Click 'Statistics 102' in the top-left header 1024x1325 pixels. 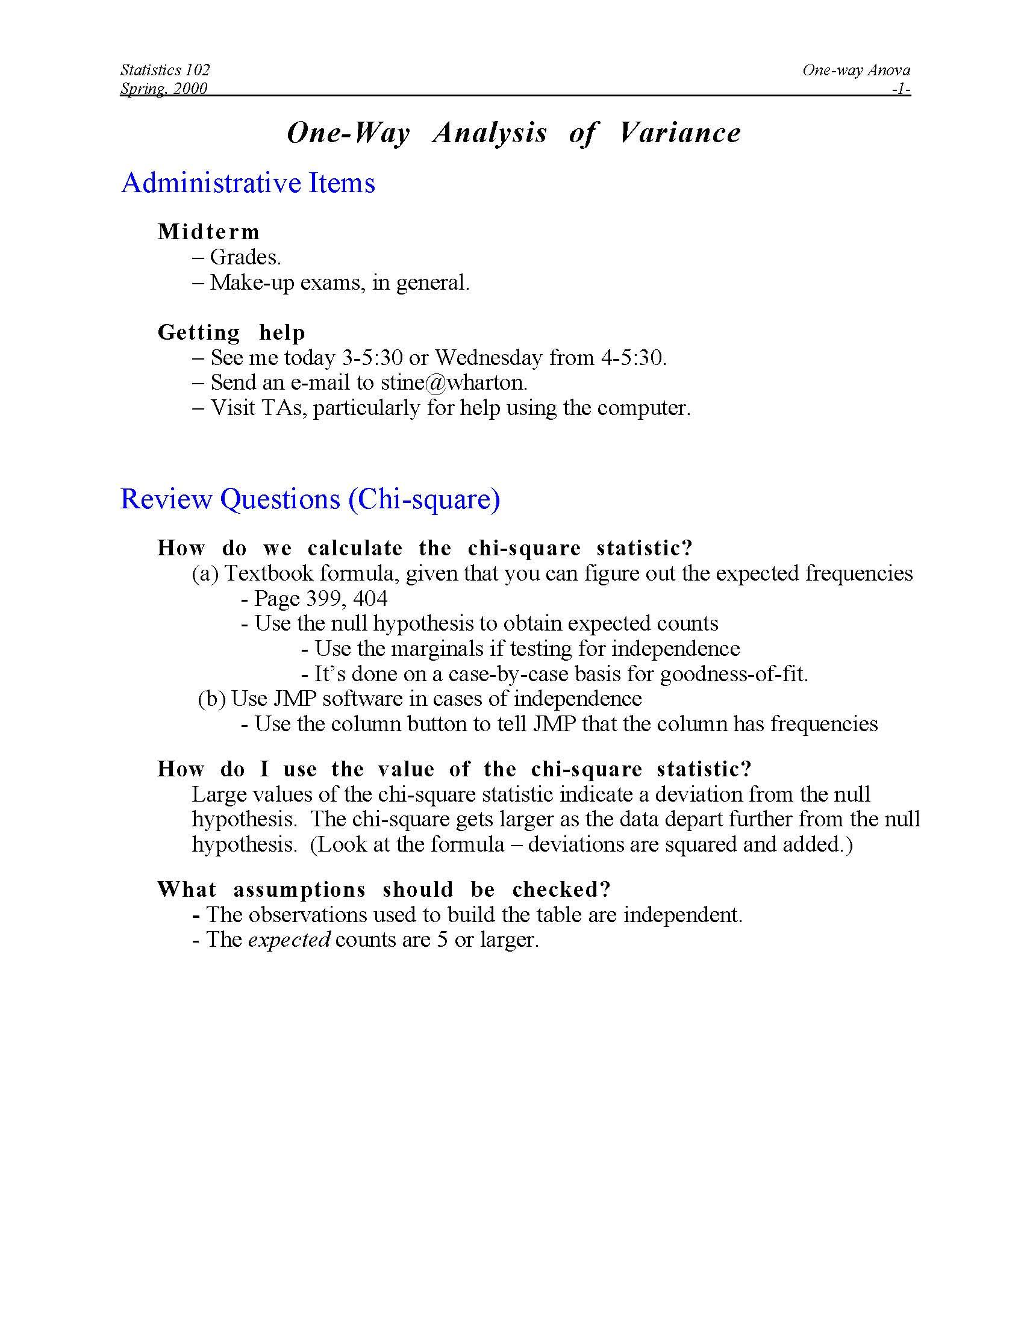165,70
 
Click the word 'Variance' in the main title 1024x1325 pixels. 679,133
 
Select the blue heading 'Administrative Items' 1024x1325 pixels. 248,182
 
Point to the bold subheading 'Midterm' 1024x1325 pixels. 208,232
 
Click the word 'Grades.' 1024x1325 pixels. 245,257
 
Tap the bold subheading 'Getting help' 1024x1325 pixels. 231,332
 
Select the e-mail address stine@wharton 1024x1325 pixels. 454,382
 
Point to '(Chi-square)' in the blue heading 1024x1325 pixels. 425,499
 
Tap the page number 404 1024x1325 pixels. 370,599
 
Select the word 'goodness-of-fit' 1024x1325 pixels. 733,674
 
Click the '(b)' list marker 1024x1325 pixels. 211,699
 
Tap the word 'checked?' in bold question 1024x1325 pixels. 561,890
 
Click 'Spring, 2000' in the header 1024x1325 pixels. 164,89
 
